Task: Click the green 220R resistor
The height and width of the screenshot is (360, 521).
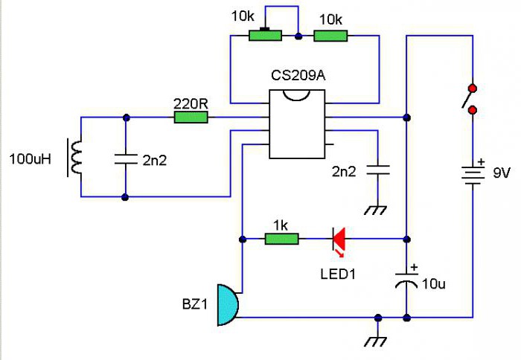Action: coord(191,117)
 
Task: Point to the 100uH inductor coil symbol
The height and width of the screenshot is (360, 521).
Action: coord(75,158)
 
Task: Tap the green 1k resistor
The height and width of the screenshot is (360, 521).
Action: coord(282,239)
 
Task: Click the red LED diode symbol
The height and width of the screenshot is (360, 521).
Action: coord(339,239)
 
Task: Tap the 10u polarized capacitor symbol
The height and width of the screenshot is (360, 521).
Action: coord(406,282)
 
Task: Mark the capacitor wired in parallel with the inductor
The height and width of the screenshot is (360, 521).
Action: coord(125,158)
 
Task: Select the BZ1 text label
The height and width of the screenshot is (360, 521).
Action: coord(196,304)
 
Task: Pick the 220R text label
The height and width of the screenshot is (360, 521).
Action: coord(191,102)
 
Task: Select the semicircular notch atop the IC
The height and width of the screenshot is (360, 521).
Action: coord(296,94)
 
